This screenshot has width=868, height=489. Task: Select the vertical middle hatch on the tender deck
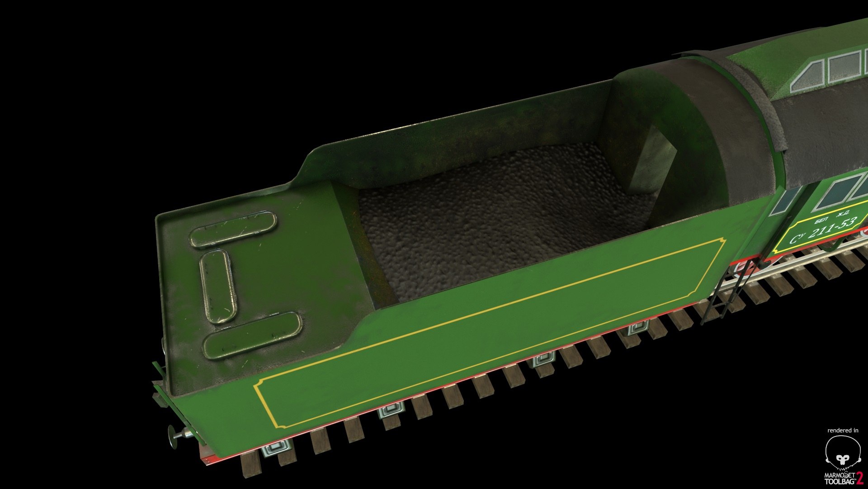pyautogui.click(x=218, y=286)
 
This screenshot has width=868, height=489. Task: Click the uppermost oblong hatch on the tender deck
pyautogui.click(x=233, y=229)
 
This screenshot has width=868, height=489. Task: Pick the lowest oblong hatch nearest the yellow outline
pyautogui.click(x=252, y=335)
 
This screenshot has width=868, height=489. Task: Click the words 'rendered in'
pyautogui.click(x=843, y=430)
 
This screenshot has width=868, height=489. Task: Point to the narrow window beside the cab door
pyautogui.click(x=786, y=201)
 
